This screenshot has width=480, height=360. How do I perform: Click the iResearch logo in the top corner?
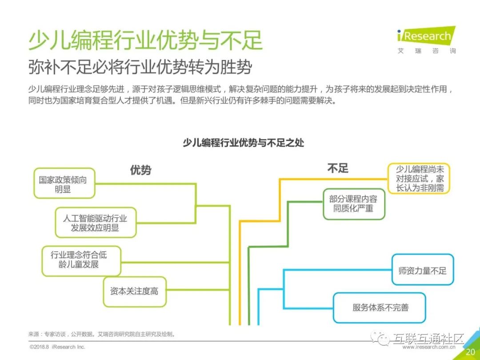426,36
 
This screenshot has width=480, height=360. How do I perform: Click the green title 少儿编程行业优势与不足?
145,40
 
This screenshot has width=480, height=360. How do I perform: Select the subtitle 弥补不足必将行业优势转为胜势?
140,67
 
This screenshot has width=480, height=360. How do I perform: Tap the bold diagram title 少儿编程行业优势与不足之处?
244,143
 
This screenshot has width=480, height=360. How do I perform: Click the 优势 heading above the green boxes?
140,170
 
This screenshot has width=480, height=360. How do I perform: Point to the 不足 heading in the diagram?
338,168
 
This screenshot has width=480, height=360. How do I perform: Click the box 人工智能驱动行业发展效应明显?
95,223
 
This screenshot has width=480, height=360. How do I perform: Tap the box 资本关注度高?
134,292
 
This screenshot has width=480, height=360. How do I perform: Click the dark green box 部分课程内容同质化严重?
353,204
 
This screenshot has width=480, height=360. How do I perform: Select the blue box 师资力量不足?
422,270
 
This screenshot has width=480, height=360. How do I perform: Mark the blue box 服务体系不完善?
380,307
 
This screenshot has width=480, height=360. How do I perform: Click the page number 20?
470,352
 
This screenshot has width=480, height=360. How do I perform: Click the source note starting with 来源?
102,334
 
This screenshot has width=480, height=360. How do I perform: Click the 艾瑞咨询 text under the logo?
426,51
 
